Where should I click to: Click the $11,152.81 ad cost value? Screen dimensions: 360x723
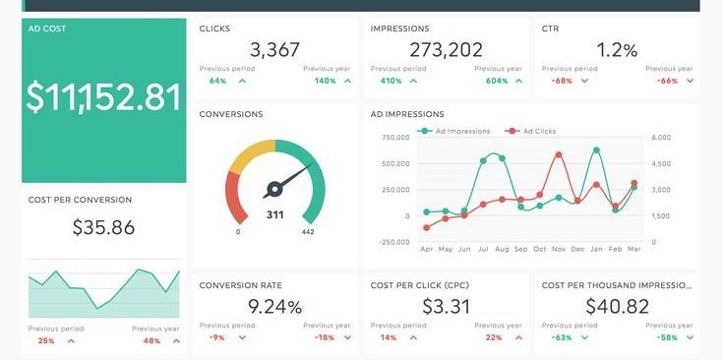(x=104, y=97)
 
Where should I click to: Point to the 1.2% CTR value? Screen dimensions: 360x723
(x=617, y=50)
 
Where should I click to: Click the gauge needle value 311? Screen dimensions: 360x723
(x=274, y=214)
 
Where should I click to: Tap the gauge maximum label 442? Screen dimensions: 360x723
(x=308, y=233)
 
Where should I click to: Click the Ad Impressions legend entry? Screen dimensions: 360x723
(x=454, y=131)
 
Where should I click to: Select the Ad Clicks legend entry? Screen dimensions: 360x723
(x=535, y=131)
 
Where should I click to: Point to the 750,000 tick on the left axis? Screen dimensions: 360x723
(x=392, y=138)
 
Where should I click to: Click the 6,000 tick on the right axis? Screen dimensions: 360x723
(x=661, y=138)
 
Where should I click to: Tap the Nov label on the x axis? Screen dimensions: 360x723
(x=559, y=250)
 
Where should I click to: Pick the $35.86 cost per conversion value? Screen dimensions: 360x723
(x=103, y=227)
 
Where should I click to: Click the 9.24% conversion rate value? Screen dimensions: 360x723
(x=274, y=306)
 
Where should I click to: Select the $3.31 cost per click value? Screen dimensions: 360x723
(x=446, y=306)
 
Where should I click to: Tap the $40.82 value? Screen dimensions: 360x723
(x=617, y=306)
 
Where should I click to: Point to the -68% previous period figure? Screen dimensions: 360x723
(x=563, y=81)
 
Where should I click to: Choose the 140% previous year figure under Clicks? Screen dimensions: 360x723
(x=326, y=81)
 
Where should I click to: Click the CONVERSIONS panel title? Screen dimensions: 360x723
(x=231, y=114)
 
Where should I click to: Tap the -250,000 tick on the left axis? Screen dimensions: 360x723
(x=391, y=242)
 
